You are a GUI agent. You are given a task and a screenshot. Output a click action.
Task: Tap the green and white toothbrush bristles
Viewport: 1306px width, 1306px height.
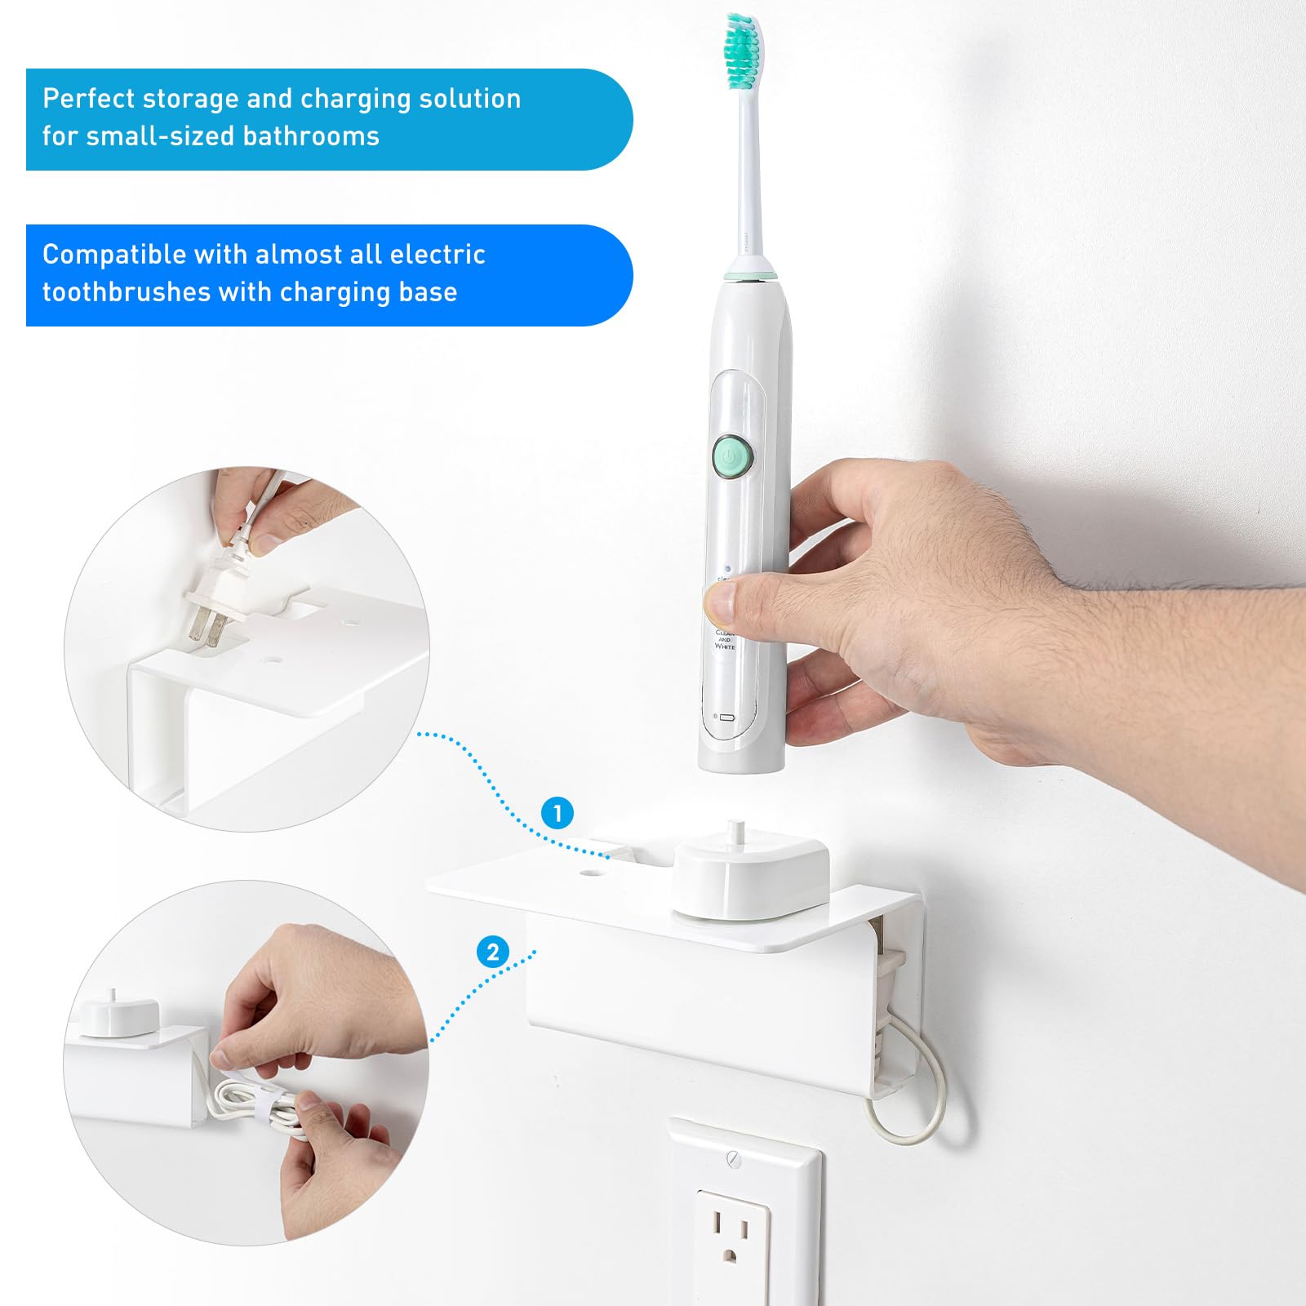click(744, 53)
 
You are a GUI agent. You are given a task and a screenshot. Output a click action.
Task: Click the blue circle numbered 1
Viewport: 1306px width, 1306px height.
click(557, 813)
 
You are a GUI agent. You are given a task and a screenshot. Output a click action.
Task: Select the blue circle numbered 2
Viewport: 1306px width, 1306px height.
click(492, 952)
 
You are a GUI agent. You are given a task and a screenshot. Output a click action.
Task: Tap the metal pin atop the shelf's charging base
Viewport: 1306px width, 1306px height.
click(737, 833)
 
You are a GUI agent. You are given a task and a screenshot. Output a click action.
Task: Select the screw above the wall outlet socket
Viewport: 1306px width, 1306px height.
click(733, 1157)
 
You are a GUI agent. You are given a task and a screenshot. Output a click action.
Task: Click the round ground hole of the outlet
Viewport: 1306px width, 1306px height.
click(731, 1256)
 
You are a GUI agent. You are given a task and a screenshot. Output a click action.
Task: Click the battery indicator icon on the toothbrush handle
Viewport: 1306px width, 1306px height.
click(726, 717)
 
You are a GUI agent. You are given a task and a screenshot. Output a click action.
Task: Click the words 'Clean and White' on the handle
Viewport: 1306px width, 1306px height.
click(725, 639)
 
